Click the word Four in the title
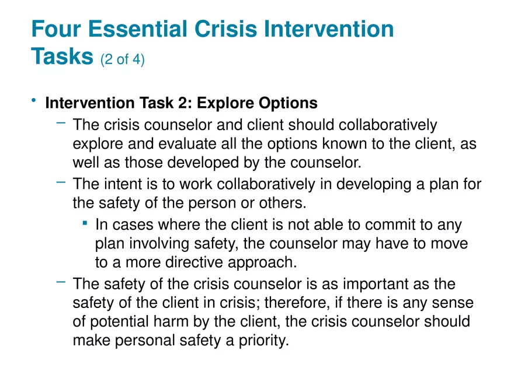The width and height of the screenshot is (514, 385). (57, 29)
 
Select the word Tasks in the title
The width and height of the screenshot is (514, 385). (62, 56)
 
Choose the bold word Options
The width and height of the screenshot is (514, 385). (287, 104)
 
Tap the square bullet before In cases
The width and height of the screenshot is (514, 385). (85, 222)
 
